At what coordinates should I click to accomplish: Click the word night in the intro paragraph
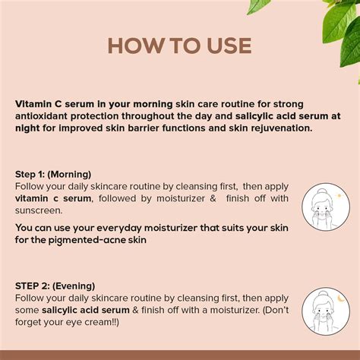pos(29,128)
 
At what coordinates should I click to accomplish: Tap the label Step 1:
pos(31,174)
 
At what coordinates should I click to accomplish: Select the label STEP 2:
pos(33,286)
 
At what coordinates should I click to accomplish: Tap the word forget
pos(32,322)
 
